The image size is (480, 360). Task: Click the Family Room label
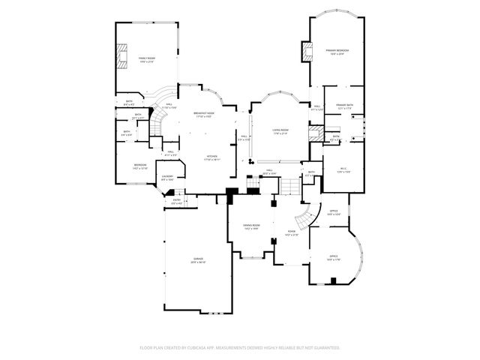click(145, 58)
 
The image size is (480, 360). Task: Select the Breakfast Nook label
click(205, 115)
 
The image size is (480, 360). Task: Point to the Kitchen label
click(211, 157)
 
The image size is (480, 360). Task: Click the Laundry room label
click(168, 178)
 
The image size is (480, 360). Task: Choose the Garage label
click(198, 259)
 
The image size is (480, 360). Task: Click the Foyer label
click(292, 232)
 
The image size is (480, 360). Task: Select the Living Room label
click(280, 131)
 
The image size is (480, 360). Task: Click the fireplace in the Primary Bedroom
click(306, 51)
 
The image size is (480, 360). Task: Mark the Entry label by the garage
click(177, 200)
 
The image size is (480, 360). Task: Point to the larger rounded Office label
click(333, 258)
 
